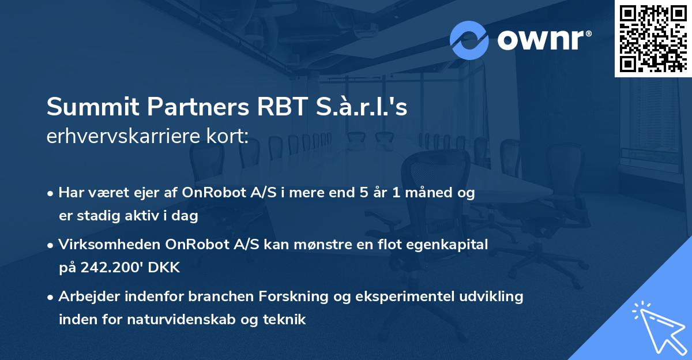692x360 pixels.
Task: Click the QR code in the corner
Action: coord(653,38)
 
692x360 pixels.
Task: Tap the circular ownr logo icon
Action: coord(469,40)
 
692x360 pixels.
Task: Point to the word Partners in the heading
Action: coord(183,108)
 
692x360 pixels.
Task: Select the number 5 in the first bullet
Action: coord(363,193)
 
